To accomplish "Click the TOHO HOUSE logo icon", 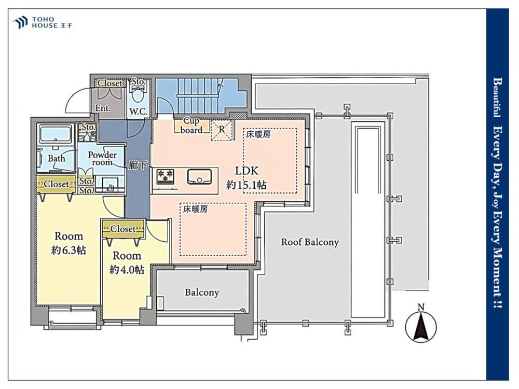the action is click(x=20, y=23).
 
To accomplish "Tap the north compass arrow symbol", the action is click(x=421, y=326).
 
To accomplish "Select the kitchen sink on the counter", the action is click(x=199, y=177).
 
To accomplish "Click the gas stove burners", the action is click(x=165, y=176).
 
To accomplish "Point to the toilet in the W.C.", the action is click(x=138, y=94).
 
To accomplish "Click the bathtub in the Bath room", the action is click(x=56, y=134).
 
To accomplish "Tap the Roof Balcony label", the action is click(x=310, y=242).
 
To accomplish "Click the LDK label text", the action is click(x=246, y=171).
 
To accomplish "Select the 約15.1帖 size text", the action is click(x=246, y=185).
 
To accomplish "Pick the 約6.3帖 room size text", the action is click(x=69, y=250).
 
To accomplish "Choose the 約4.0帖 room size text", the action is click(x=127, y=270).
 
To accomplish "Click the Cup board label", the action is click(x=192, y=126).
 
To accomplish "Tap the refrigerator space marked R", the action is click(x=222, y=130).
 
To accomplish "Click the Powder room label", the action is click(x=102, y=158).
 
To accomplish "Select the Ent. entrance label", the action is click(x=103, y=108).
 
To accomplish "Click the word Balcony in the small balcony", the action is click(x=202, y=293).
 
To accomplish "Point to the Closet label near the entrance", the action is click(x=110, y=84).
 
